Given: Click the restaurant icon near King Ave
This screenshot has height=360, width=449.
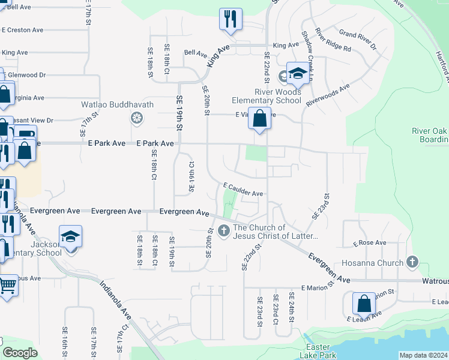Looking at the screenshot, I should click(231, 19).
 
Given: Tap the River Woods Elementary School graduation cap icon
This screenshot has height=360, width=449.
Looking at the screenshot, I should click(297, 74).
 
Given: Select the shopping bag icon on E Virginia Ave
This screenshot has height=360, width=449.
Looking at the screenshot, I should click(259, 118).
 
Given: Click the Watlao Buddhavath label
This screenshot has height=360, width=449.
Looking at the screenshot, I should click(118, 104).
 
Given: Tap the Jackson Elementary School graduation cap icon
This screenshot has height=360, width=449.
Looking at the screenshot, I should click(70, 236).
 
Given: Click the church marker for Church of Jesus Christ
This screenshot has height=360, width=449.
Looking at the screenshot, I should click(224, 230).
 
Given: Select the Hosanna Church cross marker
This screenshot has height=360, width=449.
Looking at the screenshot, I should click(412, 262).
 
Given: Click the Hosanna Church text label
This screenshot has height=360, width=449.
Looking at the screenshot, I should click(372, 263).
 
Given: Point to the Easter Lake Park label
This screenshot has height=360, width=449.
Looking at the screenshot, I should click(317, 352).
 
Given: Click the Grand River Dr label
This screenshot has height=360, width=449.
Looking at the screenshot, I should click(357, 38).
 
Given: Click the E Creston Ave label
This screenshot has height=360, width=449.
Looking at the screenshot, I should click(22, 29).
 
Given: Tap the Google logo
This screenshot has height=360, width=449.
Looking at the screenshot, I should click(20, 353).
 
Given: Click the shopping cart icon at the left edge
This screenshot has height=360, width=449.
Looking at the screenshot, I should click(7, 284).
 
